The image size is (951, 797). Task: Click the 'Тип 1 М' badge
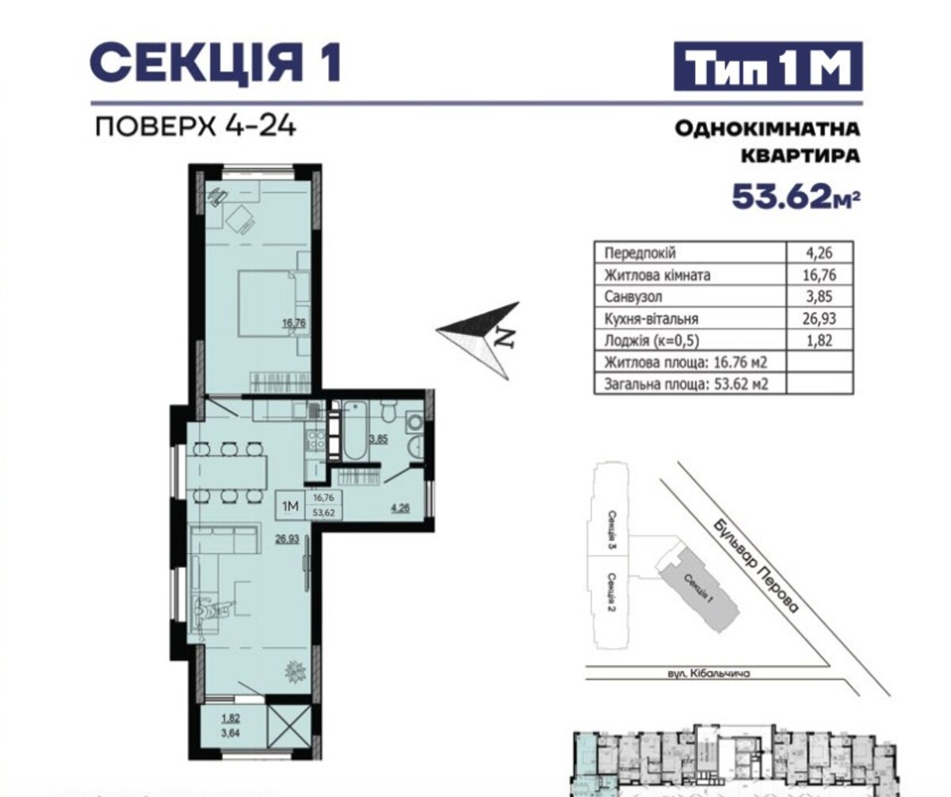(768, 66)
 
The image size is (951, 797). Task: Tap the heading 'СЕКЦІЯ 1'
(216, 62)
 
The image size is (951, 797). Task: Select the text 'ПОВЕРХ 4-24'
(196, 126)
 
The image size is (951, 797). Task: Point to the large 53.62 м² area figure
(796, 196)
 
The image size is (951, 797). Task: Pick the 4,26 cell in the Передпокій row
(819, 252)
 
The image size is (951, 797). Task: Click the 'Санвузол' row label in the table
(633, 296)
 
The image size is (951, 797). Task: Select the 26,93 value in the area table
(819, 318)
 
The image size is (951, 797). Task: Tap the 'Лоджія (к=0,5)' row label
(651, 340)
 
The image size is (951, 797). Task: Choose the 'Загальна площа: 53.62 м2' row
(686, 384)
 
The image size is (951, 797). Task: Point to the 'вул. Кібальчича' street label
(708, 673)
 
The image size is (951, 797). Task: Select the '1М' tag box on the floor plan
(290, 505)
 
